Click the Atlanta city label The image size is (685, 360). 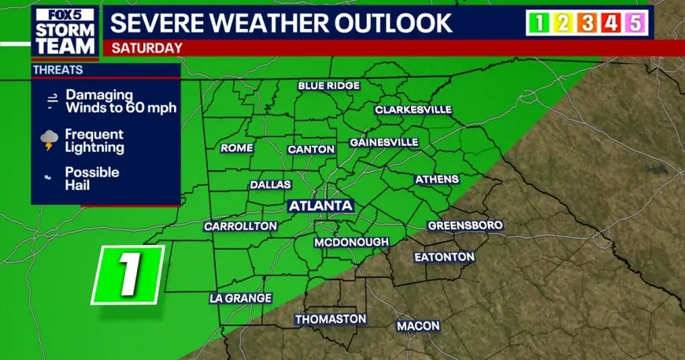(x=320, y=206)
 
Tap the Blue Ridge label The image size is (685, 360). (x=328, y=85)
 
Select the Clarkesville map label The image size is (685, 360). (x=413, y=109)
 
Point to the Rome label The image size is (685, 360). (x=237, y=148)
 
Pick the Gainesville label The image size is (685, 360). (x=383, y=143)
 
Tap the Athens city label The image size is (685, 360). (x=436, y=180)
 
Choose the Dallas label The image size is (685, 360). (x=270, y=184)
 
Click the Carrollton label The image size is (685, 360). (x=240, y=226)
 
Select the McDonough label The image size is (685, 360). (x=351, y=242)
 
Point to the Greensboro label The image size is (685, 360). (x=465, y=225)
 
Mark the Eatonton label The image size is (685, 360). (x=445, y=257)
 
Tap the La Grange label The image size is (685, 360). (x=240, y=299)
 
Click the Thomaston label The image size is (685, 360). (x=331, y=319)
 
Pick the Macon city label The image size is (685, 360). (x=418, y=325)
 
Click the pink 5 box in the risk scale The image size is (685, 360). (x=634, y=23)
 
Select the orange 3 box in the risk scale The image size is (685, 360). (x=586, y=23)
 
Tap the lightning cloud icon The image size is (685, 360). (x=50, y=141)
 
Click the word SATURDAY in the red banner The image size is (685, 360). (x=147, y=47)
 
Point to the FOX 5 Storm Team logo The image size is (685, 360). (x=65, y=31)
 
